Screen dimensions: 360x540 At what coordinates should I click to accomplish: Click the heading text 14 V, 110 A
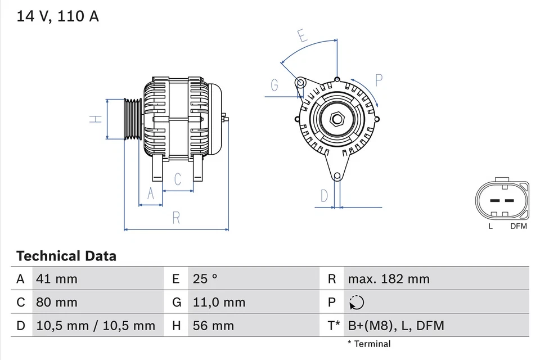[x=57, y=16]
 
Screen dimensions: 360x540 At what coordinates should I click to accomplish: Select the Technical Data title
[x=66, y=256]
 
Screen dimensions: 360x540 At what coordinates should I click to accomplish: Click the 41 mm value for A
[x=56, y=278]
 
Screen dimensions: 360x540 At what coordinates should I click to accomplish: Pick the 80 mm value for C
[x=56, y=302]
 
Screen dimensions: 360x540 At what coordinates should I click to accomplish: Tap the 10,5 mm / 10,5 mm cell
[x=95, y=325]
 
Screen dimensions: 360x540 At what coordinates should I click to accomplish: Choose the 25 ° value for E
[x=206, y=278]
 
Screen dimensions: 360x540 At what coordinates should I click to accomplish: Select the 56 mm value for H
[x=214, y=325]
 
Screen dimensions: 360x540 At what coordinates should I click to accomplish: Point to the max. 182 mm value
[x=388, y=278]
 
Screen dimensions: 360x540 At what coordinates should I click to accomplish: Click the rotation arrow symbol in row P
[x=356, y=303]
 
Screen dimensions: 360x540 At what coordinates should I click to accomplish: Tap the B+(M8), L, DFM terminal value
[x=395, y=325]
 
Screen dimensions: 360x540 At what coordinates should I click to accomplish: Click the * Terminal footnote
[x=368, y=344]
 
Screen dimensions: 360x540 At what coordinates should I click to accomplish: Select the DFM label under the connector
[x=518, y=226]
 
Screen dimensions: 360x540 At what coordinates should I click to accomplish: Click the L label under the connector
[x=490, y=226]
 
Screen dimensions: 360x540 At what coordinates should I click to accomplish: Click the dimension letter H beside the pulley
[x=97, y=119]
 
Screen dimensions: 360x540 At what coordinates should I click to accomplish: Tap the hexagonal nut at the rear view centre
[x=337, y=120]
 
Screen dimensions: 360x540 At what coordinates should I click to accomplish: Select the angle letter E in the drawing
[x=302, y=37]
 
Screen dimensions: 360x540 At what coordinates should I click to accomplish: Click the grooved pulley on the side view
[x=133, y=119]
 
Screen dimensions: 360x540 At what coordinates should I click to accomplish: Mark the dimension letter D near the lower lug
[x=325, y=196]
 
